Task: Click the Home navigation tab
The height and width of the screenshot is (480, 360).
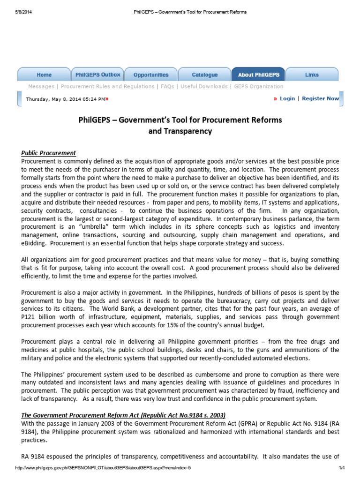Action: click(x=44, y=75)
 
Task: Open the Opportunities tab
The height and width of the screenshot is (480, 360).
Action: click(x=151, y=75)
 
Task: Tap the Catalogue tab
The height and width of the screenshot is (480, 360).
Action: click(x=205, y=75)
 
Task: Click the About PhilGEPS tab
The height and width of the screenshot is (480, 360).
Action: click(x=258, y=75)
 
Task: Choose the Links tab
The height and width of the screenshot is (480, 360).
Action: click(x=312, y=75)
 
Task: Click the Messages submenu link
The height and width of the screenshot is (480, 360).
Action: click(x=41, y=87)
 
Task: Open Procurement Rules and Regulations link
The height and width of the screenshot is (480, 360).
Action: click(x=107, y=87)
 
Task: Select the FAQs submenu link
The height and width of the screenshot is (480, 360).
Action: click(x=167, y=87)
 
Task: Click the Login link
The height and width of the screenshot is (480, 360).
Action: click(x=287, y=99)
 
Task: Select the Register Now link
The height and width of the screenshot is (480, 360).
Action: click(x=321, y=99)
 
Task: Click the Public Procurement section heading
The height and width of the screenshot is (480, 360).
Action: click(x=49, y=153)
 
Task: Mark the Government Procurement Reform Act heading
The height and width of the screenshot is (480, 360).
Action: click(x=123, y=415)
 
